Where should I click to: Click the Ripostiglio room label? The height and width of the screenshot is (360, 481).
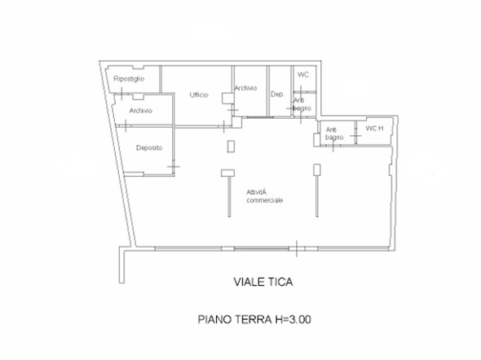[x=129, y=79]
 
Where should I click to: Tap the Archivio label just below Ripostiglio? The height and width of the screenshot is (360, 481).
[x=140, y=110]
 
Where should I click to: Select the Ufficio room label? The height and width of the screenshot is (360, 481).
[x=200, y=95]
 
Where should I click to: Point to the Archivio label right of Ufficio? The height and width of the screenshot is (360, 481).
[x=245, y=89]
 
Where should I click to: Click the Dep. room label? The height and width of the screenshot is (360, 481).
[x=276, y=94]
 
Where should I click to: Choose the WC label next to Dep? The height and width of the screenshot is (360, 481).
[x=303, y=75]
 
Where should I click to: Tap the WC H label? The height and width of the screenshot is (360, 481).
[x=374, y=129]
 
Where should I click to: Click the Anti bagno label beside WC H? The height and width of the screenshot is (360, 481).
[x=333, y=134]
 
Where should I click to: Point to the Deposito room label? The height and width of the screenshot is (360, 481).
[x=148, y=147]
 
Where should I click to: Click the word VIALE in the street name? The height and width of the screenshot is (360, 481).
[x=241, y=283]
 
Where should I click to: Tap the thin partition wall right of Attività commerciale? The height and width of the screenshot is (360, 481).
[x=316, y=193]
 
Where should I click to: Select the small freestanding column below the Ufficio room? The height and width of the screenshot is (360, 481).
[x=231, y=147]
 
